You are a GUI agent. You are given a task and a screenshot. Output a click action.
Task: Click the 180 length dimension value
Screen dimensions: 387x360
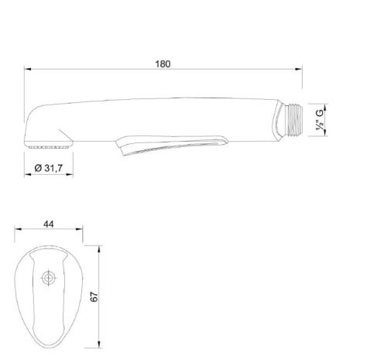click(163, 63)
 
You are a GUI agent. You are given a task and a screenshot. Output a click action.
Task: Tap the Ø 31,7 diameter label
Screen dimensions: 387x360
click(49, 168)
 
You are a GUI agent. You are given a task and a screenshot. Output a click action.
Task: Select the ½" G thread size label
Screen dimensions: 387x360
click(320, 120)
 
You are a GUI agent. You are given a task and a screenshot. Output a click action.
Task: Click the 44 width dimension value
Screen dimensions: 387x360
click(49, 224)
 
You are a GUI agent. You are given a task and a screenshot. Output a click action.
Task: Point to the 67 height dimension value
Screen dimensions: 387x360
click(94, 297)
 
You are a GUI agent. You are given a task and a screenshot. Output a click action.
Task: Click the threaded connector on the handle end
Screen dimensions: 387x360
click(295, 120)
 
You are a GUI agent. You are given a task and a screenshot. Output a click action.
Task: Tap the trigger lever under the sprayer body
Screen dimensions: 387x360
click(172, 145)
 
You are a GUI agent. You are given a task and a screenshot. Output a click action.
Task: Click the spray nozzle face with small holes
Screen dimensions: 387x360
click(49, 147)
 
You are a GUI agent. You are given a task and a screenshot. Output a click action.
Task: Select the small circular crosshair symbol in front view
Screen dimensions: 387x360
click(49, 278)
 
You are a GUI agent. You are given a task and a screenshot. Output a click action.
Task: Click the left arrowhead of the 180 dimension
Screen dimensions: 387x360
click(27, 69)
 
